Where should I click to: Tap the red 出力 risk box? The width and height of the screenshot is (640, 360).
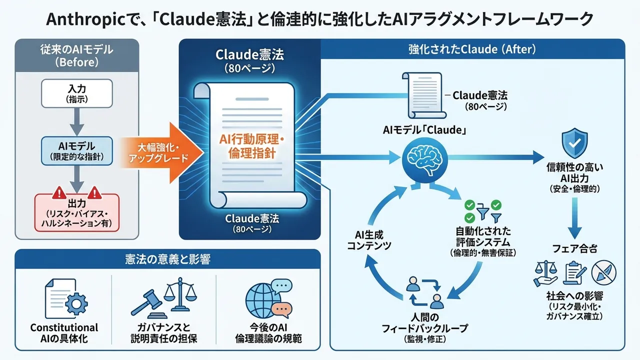[76, 212]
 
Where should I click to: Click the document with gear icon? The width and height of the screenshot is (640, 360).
[64, 299]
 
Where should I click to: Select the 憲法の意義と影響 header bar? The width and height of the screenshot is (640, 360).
[167, 260]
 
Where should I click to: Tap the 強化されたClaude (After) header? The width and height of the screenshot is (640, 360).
[472, 49]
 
